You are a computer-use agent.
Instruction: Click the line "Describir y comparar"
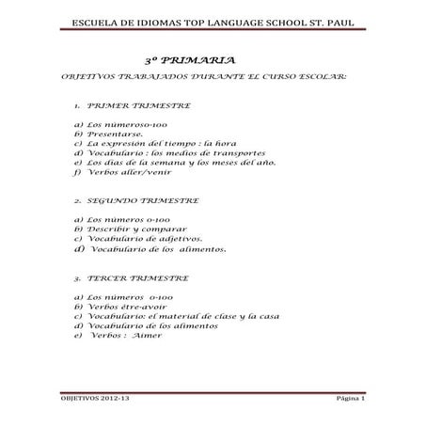(x=118, y=229)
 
